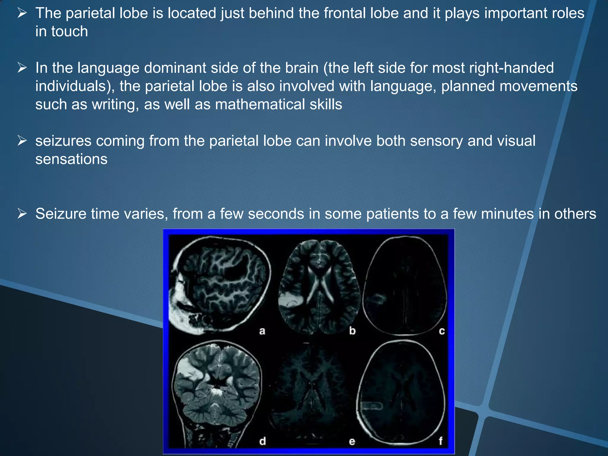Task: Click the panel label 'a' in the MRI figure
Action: point(262,331)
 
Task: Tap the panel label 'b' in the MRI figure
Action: point(352,330)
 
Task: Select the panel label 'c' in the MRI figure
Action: point(442,331)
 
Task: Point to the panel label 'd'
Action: point(262,441)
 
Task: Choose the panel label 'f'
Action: point(441,441)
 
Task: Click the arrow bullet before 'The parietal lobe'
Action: point(22,13)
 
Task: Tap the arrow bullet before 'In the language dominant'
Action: point(22,68)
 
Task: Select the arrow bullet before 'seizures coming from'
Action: point(22,140)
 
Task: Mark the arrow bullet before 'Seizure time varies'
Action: point(22,213)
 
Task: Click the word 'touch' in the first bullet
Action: point(69,31)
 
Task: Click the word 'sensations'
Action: point(71,159)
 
